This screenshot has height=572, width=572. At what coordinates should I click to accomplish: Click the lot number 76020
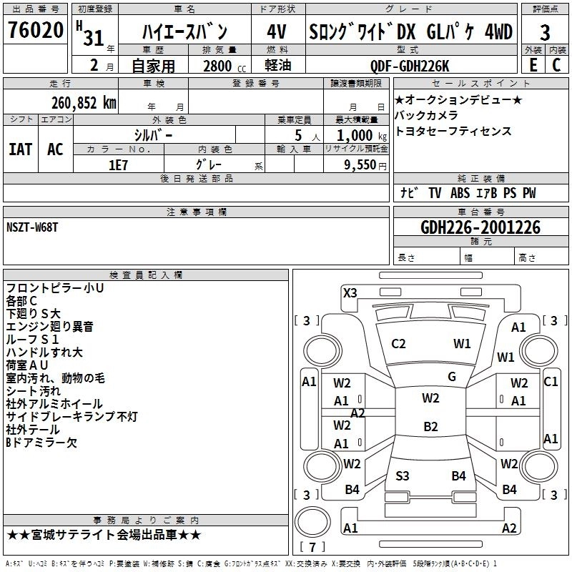point(35,32)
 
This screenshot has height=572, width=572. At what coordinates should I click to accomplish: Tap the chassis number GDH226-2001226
point(480,227)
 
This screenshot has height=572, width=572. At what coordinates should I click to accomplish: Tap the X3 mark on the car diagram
point(350,292)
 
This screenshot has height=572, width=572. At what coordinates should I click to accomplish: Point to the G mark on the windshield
point(452,377)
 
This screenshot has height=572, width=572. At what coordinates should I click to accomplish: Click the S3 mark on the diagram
point(403,475)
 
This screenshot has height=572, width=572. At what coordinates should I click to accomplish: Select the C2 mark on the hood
point(399,344)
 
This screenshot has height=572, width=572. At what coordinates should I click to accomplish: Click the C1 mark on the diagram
point(551,382)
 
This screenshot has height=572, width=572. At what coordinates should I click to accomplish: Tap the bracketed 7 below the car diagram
point(312,548)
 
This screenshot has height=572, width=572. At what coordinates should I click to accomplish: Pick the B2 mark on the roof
point(430,427)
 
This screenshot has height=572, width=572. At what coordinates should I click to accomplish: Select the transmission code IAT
point(20,149)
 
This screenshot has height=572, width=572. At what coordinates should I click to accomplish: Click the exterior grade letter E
point(533,65)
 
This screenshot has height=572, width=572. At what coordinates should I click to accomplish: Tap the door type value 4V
point(276,32)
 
